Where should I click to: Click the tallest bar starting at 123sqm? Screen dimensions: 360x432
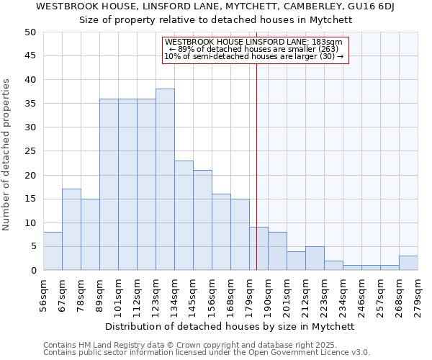click(x=165, y=180)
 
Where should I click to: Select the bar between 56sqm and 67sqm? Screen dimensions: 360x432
click(x=53, y=251)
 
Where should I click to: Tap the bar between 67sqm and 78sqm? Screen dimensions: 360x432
click(x=71, y=230)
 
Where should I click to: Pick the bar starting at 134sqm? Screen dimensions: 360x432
click(x=184, y=215)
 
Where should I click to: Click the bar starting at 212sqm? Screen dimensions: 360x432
click(x=315, y=258)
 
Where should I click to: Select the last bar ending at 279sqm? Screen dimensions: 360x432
click(x=408, y=263)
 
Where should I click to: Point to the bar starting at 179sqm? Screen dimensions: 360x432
click(x=258, y=248)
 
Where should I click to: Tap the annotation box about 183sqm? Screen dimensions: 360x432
click(x=254, y=50)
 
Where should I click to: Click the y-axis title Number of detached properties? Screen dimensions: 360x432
click(x=7, y=155)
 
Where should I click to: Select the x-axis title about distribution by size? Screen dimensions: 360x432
click(x=235, y=326)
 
